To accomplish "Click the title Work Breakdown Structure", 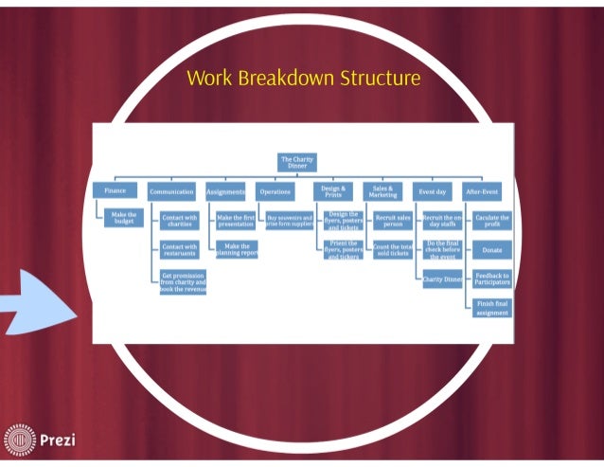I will [x=303, y=78].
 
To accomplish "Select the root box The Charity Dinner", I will [x=296, y=161].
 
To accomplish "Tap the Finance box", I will [x=115, y=190].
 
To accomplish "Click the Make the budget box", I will [x=125, y=219].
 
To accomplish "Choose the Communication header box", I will [x=171, y=191].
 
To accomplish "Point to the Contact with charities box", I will [x=180, y=221].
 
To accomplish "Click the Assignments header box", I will [x=225, y=191].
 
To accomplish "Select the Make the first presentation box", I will [x=237, y=221].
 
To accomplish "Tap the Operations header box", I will [x=275, y=191].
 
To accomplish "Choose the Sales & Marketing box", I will [x=384, y=191].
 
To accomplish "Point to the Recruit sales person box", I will [x=392, y=221].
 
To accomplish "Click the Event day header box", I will [x=434, y=191].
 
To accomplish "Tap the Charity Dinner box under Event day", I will [x=442, y=279].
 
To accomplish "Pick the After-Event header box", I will [x=487, y=191].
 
